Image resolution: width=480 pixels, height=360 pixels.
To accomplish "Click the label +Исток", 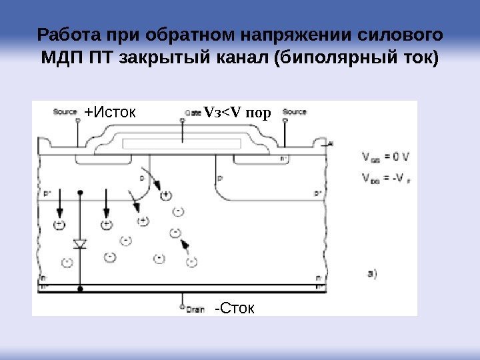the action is click(x=110, y=113).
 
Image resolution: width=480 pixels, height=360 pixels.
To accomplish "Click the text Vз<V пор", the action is click(x=238, y=113).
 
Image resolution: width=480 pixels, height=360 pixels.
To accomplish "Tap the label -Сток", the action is click(x=235, y=308).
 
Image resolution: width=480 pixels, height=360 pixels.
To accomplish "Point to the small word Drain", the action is click(x=195, y=309).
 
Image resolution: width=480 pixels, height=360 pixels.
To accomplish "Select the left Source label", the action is click(x=65, y=112).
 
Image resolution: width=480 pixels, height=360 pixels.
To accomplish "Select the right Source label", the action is click(x=295, y=111).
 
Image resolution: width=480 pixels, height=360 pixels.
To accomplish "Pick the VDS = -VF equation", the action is click(x=387, y=178).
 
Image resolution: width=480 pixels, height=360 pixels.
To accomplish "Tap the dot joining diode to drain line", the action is click(x=80, y=290).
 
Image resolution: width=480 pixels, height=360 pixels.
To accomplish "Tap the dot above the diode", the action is click(x=80, y=192).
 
